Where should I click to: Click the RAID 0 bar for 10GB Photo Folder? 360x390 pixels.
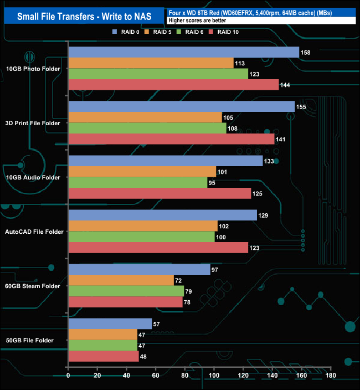point(183,53)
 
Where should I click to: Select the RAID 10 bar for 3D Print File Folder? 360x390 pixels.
point(171,139)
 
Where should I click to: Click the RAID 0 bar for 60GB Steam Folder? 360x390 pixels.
point(139,269)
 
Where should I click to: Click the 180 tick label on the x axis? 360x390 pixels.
point(331,376)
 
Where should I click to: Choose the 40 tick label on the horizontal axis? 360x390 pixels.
point(127,376)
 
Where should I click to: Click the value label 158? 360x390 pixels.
point(305,53)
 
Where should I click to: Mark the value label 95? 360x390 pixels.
point(214,183)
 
